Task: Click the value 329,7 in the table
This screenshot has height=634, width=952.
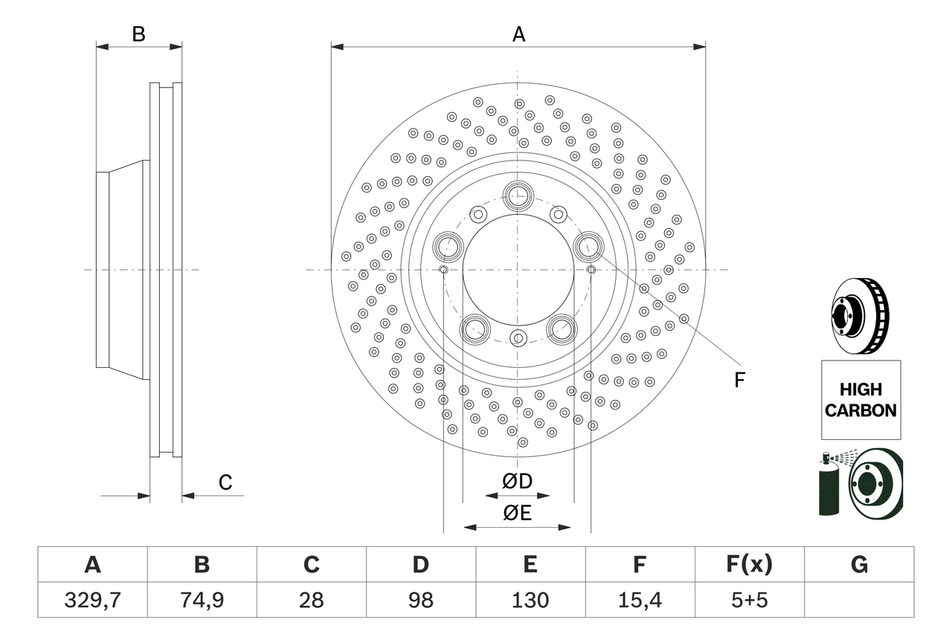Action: pyautogui.click(x=92, y=600)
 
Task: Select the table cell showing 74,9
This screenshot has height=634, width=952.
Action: pyautogui.click(x=202, y=600)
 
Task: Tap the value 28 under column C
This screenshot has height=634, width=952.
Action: pyautogui.click(x=311, y=600)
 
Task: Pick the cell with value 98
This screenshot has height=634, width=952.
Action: pyautogui.click(x=420, y=600)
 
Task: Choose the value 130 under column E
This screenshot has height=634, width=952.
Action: pyautogui.click(x=530, y=600)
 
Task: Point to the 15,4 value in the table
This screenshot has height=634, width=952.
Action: pyautogui.click(x=639, y=600)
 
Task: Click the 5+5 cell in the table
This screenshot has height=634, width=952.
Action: pyautogui.click(x=749, y=600)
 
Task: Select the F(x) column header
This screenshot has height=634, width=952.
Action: pyautogui.click(x=749, y=565)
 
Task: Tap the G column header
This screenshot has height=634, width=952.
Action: pyautogui.click(x=859, y=565)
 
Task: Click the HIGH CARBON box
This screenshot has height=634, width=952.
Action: pyautogui.click(x=861, y=399)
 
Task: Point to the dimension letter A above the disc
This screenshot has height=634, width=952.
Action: pyautogui.click(x=518, y=34)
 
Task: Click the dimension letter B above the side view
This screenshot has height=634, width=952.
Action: pyautogui.click(x=138, y=34)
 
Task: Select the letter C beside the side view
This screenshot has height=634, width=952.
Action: pyautogui.click(x=225, y=482)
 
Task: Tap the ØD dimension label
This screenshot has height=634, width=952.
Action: pyautogui.click(x=518, y=482)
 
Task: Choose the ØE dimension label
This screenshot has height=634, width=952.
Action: pyautogui.click(x=518, y=513)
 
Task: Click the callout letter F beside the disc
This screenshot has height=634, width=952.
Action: pyautogui.click(x=739, y=381)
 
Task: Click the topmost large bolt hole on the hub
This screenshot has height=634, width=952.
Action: pyautogui.click(x=518, y=196)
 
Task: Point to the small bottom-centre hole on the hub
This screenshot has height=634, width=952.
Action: pyautogui.click(x=518, y=338)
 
